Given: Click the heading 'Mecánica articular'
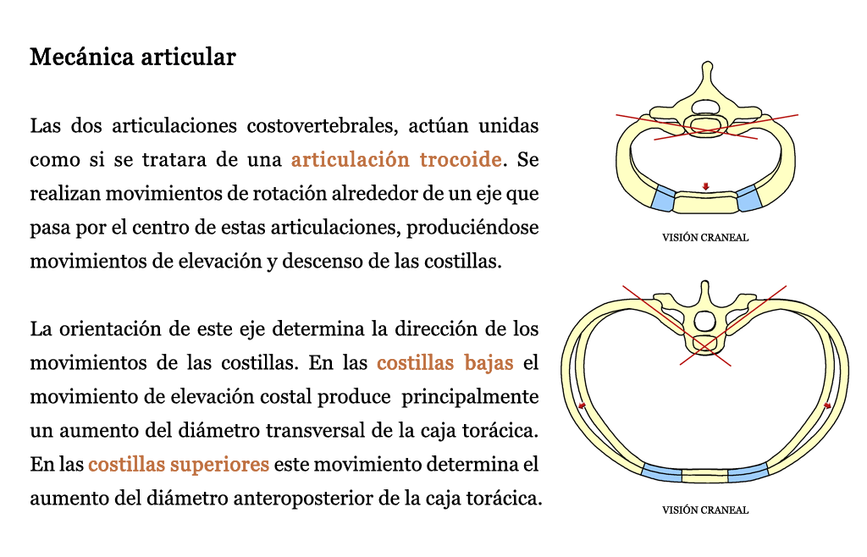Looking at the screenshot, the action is [133, 57].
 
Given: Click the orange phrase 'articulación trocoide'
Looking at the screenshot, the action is [396, 159].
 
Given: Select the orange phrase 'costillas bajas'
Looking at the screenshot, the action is [445, 362].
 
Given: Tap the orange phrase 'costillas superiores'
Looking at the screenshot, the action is [179, 464].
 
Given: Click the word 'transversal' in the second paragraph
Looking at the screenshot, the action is [313, 431].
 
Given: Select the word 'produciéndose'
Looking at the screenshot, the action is [472, 227].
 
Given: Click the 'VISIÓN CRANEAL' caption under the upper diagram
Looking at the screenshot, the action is [705, 238].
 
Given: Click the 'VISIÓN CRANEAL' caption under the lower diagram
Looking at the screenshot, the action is [705, 510].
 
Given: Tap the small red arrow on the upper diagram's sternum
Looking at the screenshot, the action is [705, 187].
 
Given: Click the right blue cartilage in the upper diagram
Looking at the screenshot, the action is [748, 198].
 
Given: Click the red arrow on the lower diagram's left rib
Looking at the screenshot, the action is [582, 405].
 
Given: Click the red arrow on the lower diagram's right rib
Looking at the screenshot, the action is [827, 405].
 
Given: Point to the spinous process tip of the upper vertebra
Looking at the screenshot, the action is [707, 64].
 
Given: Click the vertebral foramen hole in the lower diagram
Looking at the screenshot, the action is [704, 320].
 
